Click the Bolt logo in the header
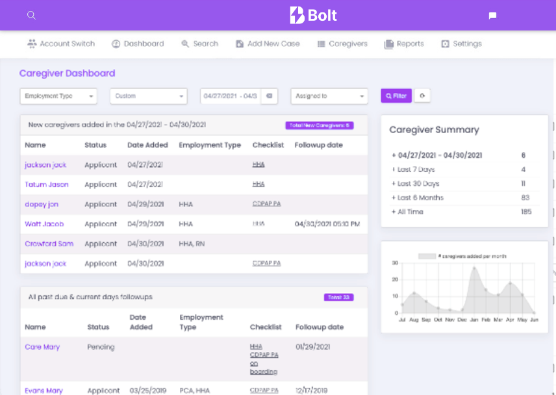click(313, 15)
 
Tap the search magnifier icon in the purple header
click(31, 15)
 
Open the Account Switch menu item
click(61, 44)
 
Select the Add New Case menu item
click(268, 44)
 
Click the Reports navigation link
click(404, 44)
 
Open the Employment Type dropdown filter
click(58, 96)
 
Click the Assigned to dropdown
click(329, 96)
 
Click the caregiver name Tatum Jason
click(47, 185)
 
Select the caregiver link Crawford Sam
click(49, 244)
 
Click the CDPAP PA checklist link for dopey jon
click(266, 204)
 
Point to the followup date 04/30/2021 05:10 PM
click(327, 224)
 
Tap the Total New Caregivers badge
click(319, 125)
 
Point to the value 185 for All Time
click(526, 212)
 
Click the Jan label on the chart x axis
click(474, 320)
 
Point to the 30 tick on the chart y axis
click(395, 263)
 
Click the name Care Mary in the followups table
click(42, 347)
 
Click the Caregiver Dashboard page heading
click(67, 73)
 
